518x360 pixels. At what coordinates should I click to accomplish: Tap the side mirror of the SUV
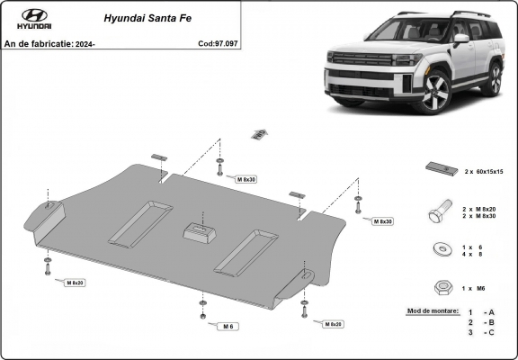pos(460,40)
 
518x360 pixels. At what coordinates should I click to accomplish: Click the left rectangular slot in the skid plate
pos(140,222)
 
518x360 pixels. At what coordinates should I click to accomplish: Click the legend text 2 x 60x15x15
pos(483,170)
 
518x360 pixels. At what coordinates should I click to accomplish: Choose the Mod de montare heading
pos(433,310)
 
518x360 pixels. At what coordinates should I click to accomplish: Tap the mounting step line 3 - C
pos(481,333)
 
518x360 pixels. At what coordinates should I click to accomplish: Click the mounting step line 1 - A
pos(481,311)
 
